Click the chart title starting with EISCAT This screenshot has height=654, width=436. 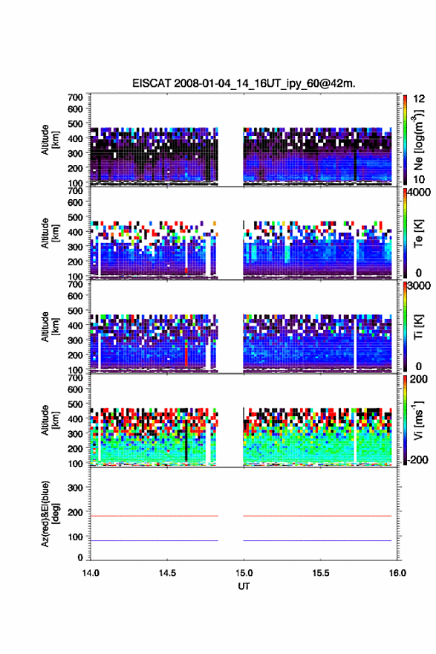tap(244, 83)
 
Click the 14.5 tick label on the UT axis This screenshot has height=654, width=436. tap(167, 573)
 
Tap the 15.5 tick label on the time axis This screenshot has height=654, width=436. tap(321, 573)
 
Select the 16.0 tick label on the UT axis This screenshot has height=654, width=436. tap(397, 573)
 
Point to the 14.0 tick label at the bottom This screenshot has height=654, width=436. tap(91, 573)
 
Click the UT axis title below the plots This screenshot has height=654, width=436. tap(244, 586)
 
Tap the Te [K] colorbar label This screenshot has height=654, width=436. tap(418, 233)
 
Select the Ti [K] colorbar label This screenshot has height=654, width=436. tap(418, 327)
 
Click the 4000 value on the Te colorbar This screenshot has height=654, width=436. tap(419, 192)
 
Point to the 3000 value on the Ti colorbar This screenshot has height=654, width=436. tap(419, 285)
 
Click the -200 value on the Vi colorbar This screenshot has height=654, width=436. tap(416, 459)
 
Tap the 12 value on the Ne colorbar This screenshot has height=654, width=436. tap(419, 99)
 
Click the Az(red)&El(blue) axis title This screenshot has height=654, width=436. tap(50, 514)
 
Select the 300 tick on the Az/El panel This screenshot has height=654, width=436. tap(76, 488)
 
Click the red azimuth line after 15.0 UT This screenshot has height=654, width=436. tap(317, 516)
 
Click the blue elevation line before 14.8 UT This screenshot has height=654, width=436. tap(154, 540)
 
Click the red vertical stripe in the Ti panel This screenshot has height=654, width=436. tap(186, 353)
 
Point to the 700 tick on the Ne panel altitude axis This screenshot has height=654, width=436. tap(76, 97)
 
